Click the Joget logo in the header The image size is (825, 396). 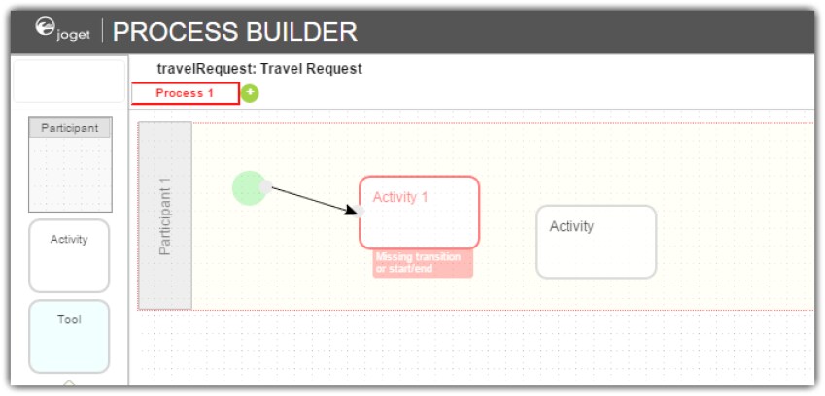point(62,29)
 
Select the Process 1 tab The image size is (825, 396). point(186,93)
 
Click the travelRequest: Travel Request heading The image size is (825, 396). point(259,69)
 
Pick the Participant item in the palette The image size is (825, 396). point(70,164)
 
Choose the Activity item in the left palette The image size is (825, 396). point(69,255)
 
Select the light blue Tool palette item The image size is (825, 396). point(69,336)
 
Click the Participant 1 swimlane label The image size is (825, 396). point(164,215)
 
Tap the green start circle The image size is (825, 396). point(249,187)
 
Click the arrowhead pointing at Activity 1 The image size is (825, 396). point(352,210)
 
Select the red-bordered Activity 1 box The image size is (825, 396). point(420,213)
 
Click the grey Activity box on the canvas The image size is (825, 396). point(596,242)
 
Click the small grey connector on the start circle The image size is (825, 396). point(265,187)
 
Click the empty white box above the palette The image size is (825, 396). point(69,81)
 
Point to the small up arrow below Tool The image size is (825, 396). point(69,382)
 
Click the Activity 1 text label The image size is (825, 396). point(400,197)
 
